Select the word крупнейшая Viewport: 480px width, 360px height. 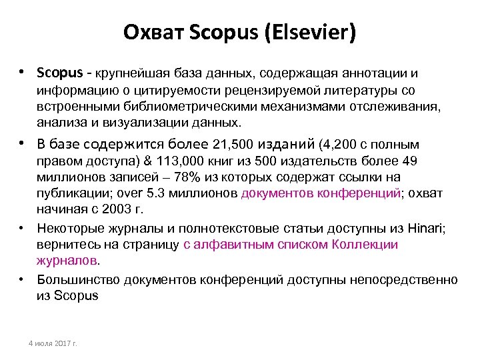[131, 72]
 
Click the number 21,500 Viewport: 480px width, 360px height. [233, 145]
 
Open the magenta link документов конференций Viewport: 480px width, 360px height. [321, 194]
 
